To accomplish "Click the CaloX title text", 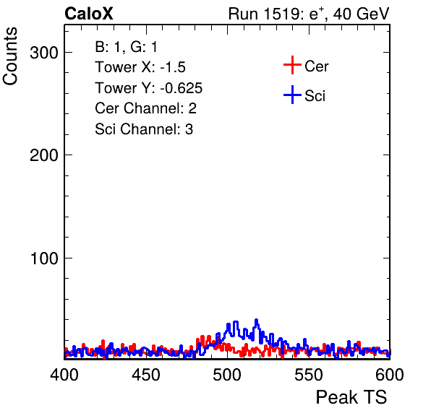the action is coord(89,14).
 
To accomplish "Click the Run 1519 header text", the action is coord(309,14).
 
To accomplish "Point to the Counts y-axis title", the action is coord(10,56).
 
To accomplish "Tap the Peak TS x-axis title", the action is coord(351,397).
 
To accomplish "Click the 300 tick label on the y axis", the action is coord(44,53).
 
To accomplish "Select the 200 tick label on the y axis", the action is coord(44,155).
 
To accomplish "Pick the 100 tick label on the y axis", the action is coord(44,258).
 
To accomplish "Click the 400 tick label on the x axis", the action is coord(64,374).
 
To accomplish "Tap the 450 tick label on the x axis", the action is coord(145,374).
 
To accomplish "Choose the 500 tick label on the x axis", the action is coord(227,374).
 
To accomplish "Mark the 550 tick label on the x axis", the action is coord(308,374).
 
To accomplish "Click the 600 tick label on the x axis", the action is coord(390,374).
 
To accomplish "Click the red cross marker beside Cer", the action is coord(292,65).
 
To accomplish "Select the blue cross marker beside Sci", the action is coord(292,95).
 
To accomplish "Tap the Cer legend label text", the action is coord(316,66).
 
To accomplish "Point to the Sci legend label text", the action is coord(315,96).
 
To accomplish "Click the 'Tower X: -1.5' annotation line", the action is coord(140,67).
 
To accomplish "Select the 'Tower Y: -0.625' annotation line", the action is coord(149,88).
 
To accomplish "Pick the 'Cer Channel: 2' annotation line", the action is coord(145,108).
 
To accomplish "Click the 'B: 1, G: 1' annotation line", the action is coord(126,47).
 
